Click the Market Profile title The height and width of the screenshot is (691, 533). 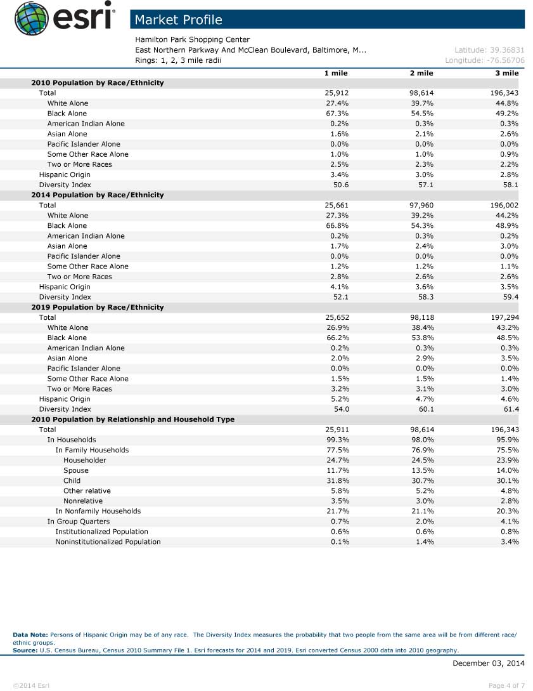[x=179, y=20]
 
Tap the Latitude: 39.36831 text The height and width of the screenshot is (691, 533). [x=489, y=50]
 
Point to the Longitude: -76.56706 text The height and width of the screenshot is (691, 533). [x=485, y=60]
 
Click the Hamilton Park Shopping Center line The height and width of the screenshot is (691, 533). [x=193, y=39]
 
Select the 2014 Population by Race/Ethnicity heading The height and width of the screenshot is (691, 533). [x=98, y=195]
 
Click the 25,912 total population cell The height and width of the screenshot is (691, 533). [x=337, y=93]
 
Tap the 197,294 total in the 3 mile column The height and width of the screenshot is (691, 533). [x=501, y=317]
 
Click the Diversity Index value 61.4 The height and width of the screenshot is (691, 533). [x=510, y=409]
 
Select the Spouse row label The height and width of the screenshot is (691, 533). [x=76, y=470]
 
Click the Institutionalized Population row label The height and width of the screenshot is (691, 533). [x=101, y=532]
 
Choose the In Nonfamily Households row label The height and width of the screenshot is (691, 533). [x=98, y=511]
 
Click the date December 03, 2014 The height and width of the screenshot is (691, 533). [x=489, y=663]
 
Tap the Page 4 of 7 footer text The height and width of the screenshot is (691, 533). [x=507, y=685]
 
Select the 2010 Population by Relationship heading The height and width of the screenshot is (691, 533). [x=133, y=419]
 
